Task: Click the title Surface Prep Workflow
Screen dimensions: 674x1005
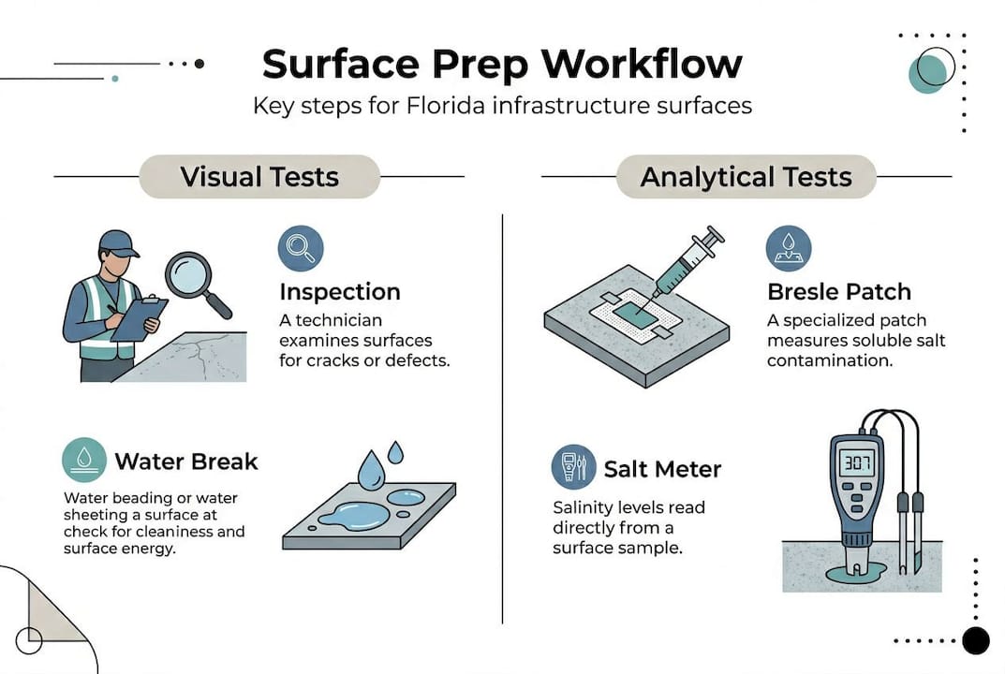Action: point(502,63)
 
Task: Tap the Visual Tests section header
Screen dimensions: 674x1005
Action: point(259,177)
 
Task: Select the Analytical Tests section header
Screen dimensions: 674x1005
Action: point(746,177)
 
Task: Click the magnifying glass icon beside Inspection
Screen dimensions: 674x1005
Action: point(301,247)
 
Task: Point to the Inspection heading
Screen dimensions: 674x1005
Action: point(340,291)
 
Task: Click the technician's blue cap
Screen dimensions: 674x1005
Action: point(118,242)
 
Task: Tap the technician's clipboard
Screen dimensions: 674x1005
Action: point(139,319)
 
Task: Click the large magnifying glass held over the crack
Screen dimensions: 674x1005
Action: point(191,276)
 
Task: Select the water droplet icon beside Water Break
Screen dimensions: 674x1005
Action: point(84,461)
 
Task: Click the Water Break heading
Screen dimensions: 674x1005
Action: point(186,462)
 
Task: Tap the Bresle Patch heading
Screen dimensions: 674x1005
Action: point(839,292)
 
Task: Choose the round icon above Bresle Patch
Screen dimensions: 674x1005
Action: point(789,248)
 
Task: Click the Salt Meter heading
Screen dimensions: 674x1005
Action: point(662,468)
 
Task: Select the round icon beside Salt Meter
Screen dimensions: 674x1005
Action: point(573,467)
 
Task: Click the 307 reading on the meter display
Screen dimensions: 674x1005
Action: point(856,462)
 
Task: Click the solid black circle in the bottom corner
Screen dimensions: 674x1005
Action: point(976,640)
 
